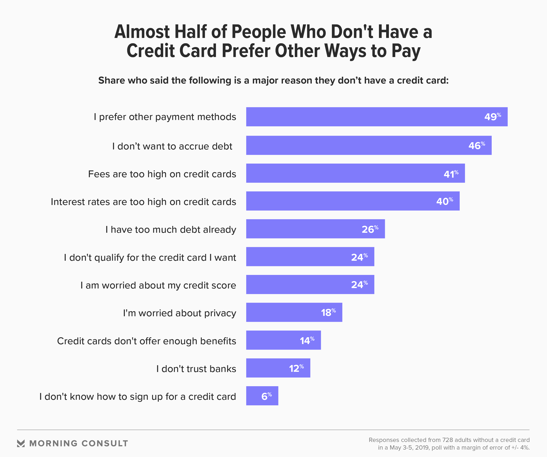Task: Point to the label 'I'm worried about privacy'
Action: click(x=180, y=313)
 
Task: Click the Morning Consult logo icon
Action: click(x=21, y=443)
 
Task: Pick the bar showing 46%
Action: click(x=369, y=145)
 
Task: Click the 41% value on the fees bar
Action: click(x=451, y=174)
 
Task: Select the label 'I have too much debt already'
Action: click(x=171, y=230)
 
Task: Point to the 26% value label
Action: click(x=370, y=229)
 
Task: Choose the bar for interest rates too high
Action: click(x=353, y=201)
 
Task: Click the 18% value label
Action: click(x=328, y=312)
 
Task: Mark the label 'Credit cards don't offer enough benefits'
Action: click(x=146, y=341)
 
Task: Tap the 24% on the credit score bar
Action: click(x=359, y=284)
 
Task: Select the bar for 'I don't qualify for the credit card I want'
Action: click(x=310, y=257)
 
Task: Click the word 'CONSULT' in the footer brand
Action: click(x=105, y=443)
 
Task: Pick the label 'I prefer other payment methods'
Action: click(x=165, y=117)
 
